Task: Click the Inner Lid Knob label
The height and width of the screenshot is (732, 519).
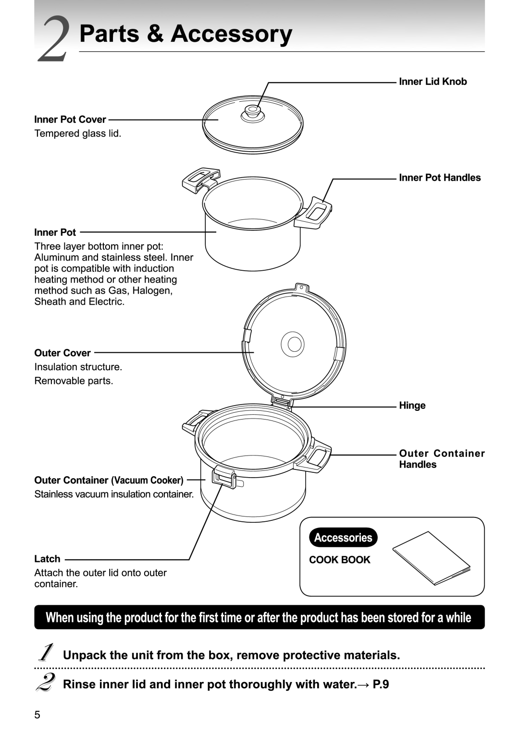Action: [x=432, y=82]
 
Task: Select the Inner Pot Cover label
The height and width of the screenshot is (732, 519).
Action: [x=70, y=120]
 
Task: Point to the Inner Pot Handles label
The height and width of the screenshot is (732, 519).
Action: [x=440, y=178]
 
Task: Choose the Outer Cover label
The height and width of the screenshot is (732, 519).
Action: [x=62, y=353]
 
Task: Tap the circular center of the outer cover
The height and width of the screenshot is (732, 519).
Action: [x=292, y=344]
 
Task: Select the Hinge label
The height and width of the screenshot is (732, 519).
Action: [x=412, y=406]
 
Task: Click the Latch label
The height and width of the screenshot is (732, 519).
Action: [x=47, y=559]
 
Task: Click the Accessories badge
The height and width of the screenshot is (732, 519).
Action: [x=343, y=538]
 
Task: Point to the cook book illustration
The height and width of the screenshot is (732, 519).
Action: [x=431, y=558]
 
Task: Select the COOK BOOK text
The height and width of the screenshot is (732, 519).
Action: [x=340, y=560]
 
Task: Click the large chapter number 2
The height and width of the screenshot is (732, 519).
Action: [x=54, y=39]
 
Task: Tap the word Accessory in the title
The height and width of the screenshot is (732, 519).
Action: [x=231, y=34]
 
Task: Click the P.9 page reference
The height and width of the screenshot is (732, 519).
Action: [x=381, y=684]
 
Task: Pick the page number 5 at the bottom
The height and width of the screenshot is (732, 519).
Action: [x=37, y=715]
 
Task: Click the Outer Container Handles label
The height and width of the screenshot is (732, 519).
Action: [x=442, y=459]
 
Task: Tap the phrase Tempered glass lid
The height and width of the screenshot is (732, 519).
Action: [x=78, y=133]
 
